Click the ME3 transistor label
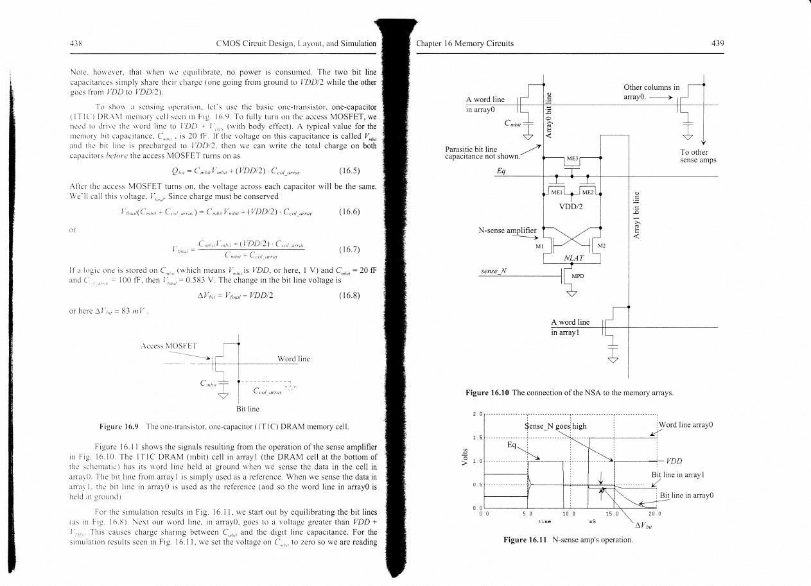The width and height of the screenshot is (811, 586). coord(571,158)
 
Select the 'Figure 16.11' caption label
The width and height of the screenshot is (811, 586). coord(525,540)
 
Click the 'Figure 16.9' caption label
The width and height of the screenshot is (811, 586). coord(119,427)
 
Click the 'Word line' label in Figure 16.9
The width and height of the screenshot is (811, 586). coord(293,359)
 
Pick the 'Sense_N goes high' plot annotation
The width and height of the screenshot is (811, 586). coord(556,426)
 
